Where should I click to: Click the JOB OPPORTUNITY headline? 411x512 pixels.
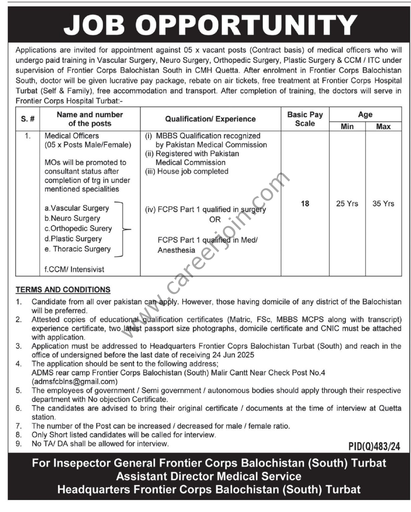click(x=210, y=25)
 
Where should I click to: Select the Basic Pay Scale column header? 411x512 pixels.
click(x=305, y=119)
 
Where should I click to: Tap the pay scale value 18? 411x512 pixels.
click(x=305, y=203)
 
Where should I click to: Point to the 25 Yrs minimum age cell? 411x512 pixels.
click(x=347, y=203)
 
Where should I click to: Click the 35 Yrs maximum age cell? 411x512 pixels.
click(x=383, y=203)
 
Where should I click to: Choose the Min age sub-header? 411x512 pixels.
click(x=347, y=127)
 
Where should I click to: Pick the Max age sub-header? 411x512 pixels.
click(x=383, y=127)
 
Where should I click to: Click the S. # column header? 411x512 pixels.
click(x=28, y=119)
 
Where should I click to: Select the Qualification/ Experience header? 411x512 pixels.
click(x=210, y=119)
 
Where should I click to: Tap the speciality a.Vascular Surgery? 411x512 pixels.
click(x=77, y=208)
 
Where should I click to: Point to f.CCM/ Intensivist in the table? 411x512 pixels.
click(x=74, y=269)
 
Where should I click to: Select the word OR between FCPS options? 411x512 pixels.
click(x=215, y=220)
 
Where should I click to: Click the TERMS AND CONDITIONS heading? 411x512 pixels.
click(x=63, y=290)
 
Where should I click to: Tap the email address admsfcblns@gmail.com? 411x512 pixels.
click(x=74, y=381)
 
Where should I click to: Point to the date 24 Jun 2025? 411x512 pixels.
click(x=232, y=355)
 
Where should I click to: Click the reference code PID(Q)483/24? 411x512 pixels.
click(x=374, y=446)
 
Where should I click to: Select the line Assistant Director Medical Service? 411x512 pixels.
click(x=209, y=476)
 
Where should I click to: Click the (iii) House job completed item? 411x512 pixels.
click(x=187, y=171)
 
